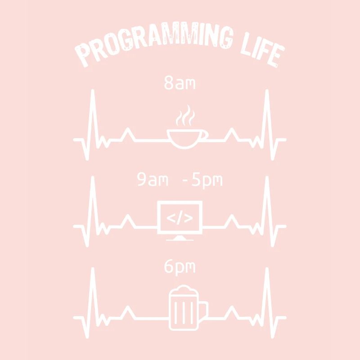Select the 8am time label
click(x=180, y=84)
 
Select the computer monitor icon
click(x=180, y=218)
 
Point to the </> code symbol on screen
click(x=180, y=219)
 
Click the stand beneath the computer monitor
click(x=180, y=238)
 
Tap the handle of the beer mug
click(x=203, y=309)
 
